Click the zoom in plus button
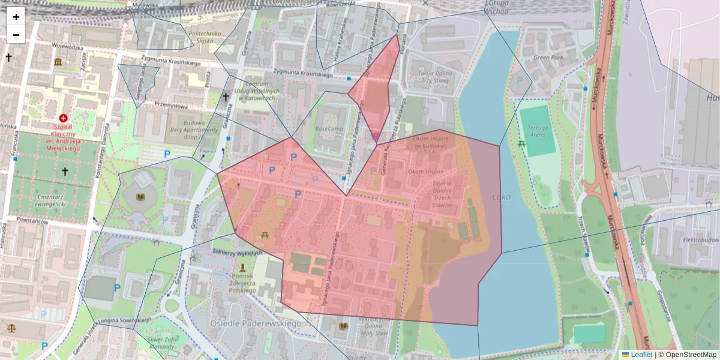tap(16, 17)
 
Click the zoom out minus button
tap(16, 35)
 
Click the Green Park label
tap(547, 58)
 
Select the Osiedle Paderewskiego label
tap(255, 323)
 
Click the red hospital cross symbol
tap(64, 118)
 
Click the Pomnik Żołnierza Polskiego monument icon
tap(242, 266)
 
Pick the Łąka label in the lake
tap(500, 196)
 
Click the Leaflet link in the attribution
tap(641, 355)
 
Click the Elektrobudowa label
tap(700, 239)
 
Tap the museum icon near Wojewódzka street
tap(58, 62)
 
